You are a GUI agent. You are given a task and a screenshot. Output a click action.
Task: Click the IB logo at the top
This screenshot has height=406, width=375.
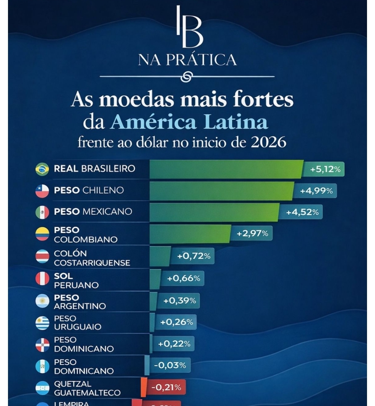tap(189, 27)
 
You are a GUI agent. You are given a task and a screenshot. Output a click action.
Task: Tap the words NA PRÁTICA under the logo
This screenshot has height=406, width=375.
tap(187, 59)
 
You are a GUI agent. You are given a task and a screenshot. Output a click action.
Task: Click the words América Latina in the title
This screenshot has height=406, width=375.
tap(189, 122)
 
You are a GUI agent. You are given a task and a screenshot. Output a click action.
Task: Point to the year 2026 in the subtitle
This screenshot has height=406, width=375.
tap(268, 142)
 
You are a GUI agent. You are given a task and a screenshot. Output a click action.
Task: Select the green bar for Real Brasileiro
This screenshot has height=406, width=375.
tap(226, 169)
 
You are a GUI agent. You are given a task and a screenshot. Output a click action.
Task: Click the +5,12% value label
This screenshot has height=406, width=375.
tap(325, 169)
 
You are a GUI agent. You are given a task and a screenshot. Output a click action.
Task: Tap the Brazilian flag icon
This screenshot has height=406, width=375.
tap(42, 169)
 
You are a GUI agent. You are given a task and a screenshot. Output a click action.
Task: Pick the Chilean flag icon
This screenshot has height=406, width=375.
tap(42, 190)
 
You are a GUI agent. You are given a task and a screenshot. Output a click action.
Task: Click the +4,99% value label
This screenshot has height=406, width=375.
tap(316, 191)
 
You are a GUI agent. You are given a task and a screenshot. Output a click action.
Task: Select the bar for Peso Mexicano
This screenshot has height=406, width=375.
tap(214, 212)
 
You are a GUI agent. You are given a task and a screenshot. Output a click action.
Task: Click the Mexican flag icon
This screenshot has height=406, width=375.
tap(42, 212)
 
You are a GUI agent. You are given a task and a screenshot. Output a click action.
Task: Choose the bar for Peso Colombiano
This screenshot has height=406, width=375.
tap(190, 234)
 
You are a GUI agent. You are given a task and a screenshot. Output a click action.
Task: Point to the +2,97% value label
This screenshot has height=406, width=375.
tap(252, 233)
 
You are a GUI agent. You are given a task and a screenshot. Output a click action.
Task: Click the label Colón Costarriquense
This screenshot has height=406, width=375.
tap(92, 258)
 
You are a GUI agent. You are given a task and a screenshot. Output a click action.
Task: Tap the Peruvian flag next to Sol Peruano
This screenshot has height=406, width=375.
tap(42, 279)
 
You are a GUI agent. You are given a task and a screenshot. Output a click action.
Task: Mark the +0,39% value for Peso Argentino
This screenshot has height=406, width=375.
tap(180, 301)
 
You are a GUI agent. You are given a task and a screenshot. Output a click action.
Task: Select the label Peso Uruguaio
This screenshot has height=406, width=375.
tap(77, 323)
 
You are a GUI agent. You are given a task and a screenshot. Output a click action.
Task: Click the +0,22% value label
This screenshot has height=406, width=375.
tap(174, 344)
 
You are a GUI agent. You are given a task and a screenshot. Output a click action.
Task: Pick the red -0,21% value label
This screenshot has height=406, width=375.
tap(166, 387)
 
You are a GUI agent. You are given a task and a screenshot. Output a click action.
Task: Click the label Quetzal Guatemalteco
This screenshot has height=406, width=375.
tap(87, 388)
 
